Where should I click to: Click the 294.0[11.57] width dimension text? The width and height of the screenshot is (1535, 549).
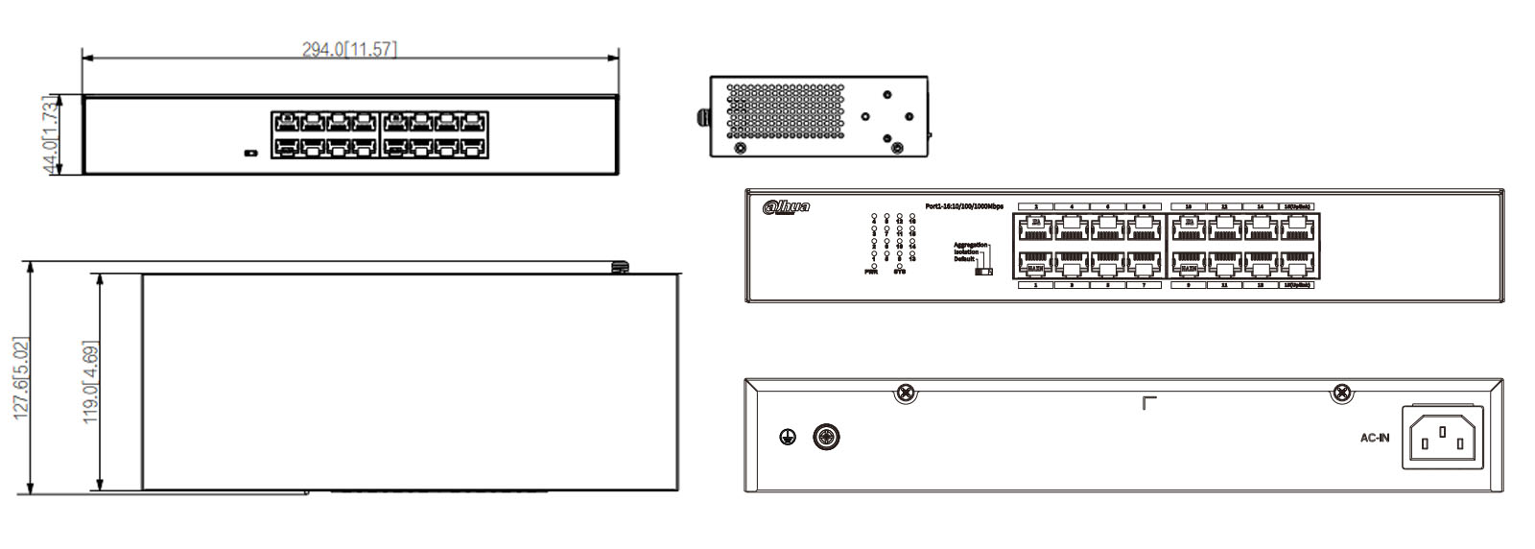click(349, 49)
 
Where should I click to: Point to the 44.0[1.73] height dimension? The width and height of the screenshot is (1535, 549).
click(51, 134)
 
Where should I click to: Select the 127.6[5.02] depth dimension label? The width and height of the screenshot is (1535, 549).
click(21, 378)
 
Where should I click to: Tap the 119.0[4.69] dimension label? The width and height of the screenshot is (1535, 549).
click(90, 382)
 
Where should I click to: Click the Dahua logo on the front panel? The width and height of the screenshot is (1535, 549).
click(786, 207)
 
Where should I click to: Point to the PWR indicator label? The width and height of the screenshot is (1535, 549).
click(871, 273)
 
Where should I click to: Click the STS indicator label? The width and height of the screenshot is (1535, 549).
click(899, 273)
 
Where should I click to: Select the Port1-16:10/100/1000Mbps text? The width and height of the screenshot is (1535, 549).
click(963, 206)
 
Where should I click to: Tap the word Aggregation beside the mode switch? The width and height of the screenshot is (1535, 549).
click(970, 245)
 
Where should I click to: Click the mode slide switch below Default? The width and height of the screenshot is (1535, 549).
click(983, 272)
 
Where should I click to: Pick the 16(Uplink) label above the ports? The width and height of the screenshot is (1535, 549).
click(1297, 206)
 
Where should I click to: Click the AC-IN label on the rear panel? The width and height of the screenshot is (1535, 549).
click(1374, 439)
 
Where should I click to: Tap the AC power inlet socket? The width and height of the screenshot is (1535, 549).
click(1443, 438)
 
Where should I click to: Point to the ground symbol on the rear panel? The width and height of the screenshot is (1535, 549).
click(788, 439)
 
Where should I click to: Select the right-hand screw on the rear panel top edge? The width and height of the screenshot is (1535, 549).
click(1343, 393)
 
